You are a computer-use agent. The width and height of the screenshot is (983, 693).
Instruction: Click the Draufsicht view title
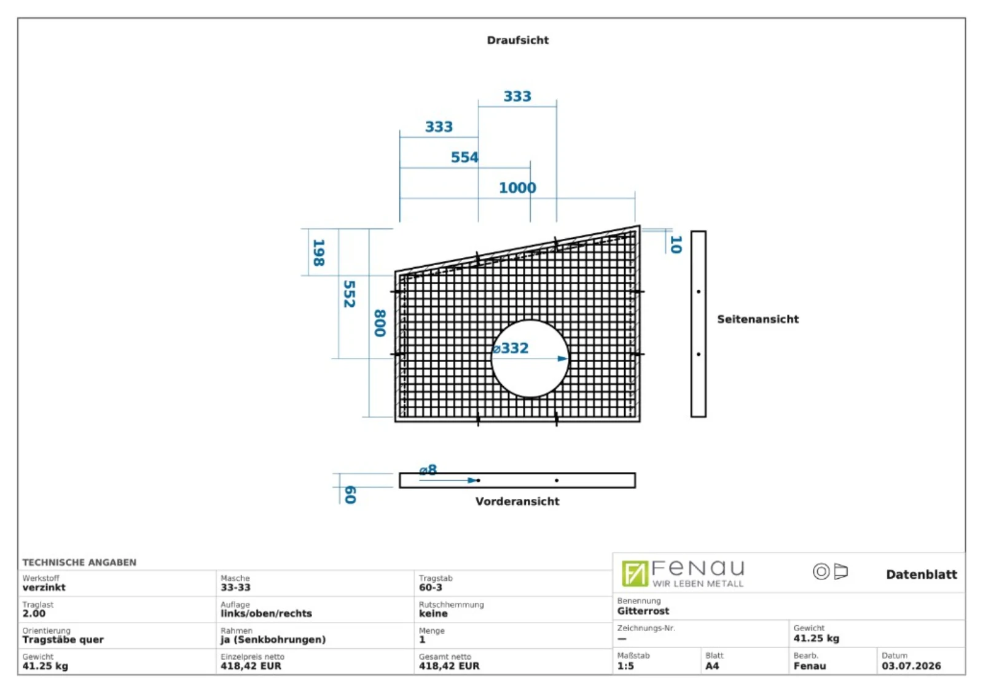point(517,41)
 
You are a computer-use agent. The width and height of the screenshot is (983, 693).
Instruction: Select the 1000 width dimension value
point(517,188)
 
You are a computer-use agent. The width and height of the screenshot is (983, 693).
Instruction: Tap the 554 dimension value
point(464,157)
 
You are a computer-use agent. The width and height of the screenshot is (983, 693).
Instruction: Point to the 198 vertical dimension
point(319,252)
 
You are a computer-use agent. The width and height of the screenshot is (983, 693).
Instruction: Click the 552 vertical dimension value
point(350,294)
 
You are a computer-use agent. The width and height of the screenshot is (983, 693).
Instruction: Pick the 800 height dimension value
point(380,323)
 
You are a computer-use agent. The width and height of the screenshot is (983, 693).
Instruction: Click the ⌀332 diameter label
point(511,349)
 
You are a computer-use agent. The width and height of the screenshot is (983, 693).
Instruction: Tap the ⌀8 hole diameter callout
point(428,470)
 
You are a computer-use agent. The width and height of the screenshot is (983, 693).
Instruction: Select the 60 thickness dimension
point(350,495)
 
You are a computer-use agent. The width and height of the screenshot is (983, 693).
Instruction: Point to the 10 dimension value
point(676,244)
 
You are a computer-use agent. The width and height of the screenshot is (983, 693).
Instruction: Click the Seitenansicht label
point(758,319)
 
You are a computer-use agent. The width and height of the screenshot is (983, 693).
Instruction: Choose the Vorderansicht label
point(517,501)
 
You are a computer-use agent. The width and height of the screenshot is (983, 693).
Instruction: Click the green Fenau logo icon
point(635,573)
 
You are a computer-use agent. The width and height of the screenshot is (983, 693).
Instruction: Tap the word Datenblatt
point(922,575)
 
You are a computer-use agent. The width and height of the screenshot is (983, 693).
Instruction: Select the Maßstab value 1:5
point(625,666)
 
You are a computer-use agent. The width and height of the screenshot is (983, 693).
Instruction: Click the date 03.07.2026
point(912,666)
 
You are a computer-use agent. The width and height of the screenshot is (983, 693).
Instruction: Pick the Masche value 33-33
point(235,587)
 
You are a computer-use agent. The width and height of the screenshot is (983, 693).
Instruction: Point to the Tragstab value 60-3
point(431,587)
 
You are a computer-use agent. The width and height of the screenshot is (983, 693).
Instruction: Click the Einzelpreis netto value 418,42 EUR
point(251,666)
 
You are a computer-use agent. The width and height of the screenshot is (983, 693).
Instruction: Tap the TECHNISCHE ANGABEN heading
point(79,562)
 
